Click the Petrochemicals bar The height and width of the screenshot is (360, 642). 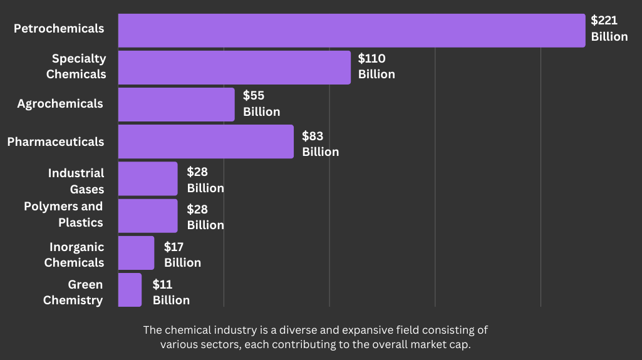pos(351,30)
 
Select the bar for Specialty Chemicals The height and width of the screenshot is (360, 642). pos(234,67)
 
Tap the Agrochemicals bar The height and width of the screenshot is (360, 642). pos(176,104)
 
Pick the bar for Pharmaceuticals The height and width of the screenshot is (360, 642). pos(205,141)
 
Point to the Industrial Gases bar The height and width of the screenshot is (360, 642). pos(148,178)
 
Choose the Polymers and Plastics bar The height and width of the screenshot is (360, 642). pos(148,215)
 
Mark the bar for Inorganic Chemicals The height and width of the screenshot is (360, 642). pos(136,253)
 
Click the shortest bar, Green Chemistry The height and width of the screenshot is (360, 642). pos(130,290)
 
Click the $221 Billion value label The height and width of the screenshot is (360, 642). pos(609,28)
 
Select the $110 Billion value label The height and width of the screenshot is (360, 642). pos(376,66)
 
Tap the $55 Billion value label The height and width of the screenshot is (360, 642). pos(261,103)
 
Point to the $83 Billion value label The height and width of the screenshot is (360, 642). pos(320,143)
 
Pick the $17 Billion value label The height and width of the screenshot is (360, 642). pos(182,254)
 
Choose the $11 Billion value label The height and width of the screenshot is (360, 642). pos(171,292)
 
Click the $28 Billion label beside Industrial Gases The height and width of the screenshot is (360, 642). pos(205,180)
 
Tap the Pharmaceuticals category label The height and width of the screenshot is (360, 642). pos(56,141)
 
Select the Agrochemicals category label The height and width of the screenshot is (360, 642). pos(60,103)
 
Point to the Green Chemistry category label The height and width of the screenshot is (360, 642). pos(73,292)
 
